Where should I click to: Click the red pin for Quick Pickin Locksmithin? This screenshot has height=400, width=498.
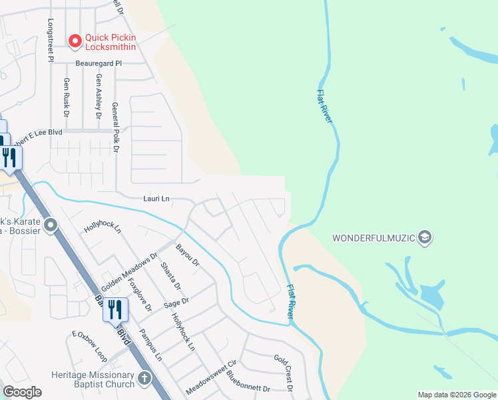click(x=75, y=41)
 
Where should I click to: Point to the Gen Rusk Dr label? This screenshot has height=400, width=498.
click(x=67, y=94)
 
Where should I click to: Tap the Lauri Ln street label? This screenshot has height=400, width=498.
click(x=156, y=199)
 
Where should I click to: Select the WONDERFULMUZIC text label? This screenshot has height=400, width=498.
click(x=373, y=238)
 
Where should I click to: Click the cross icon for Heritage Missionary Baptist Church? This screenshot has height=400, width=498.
click(x=144, y=380)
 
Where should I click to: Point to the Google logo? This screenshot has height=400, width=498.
click(x=22, y=392)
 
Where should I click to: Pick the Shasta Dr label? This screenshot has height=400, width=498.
click(x=170, y=277)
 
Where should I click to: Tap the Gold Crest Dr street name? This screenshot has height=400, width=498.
click(x=284, y=372)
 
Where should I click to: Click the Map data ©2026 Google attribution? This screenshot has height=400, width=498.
click(x=456, y=395)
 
